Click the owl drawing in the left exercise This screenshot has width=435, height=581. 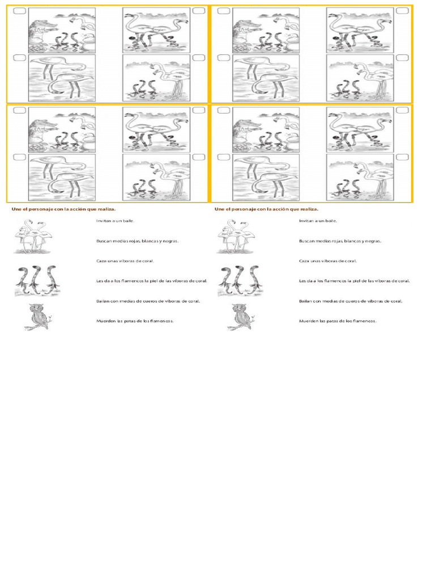point(38,317)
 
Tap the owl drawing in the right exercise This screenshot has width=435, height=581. point(241,317)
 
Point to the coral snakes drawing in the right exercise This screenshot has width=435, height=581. point(241,280)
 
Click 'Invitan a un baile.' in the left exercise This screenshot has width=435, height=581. point(116,221)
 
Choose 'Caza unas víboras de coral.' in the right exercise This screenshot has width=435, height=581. point(328,261)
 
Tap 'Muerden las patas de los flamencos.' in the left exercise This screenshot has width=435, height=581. point(135,321)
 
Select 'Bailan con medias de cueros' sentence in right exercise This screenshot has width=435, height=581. point(351,301)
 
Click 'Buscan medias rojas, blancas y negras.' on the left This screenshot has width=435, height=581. point(138,241)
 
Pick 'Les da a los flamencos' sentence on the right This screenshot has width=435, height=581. point(355,281)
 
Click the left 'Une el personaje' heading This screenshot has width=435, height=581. point(63,209)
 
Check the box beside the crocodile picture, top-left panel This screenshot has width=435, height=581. point(20,11)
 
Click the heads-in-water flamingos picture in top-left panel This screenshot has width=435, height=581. point(62,78)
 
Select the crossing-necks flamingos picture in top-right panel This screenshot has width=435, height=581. point(360,31)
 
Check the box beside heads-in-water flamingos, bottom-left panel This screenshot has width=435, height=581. point(20,157)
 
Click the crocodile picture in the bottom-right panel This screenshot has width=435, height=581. point(266,130)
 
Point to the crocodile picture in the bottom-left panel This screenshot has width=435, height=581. point(62,130)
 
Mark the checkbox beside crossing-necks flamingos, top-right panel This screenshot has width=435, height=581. point(403,11)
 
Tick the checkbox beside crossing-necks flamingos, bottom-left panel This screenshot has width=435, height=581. point(199,110)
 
